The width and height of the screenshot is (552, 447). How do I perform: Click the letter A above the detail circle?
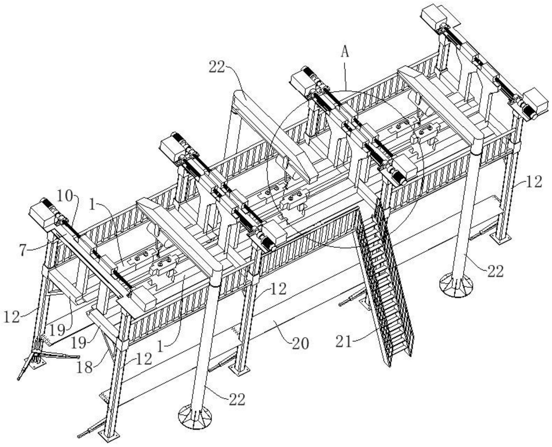click(345, 52)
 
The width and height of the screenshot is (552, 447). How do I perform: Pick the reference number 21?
click(344, 341)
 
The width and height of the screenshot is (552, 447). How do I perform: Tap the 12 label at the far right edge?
click(534, 181)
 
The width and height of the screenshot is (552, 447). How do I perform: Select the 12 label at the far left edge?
click(11, 317)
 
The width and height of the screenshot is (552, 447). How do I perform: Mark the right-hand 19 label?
click(78, 342)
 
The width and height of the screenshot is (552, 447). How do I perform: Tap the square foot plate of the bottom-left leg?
click(111, 435)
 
